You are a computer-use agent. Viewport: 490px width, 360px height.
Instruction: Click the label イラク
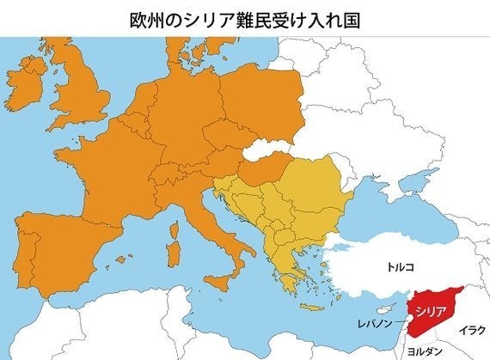click(471, 329)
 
